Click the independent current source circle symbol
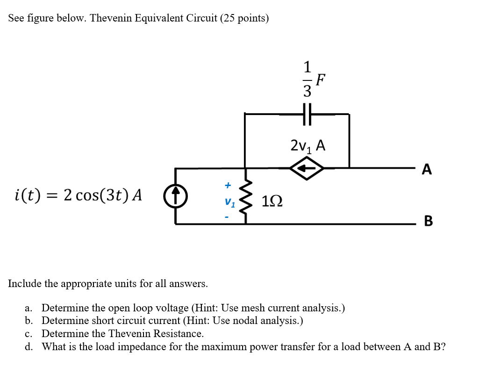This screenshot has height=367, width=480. (176, 196)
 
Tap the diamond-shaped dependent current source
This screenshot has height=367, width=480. (307, 168)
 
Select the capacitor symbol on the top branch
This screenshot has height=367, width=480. (307, 114)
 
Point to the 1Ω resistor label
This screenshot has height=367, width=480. (272, 201)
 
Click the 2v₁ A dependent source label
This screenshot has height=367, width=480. (308, 145)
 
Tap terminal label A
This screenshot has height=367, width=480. (427, 169)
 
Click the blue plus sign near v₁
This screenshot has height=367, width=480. (228, 186)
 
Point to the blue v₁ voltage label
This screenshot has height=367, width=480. (229, 202)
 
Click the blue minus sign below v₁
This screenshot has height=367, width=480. (228, 217)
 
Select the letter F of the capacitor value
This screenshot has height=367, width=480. (320, 80)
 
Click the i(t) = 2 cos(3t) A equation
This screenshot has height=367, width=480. (78, 194)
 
